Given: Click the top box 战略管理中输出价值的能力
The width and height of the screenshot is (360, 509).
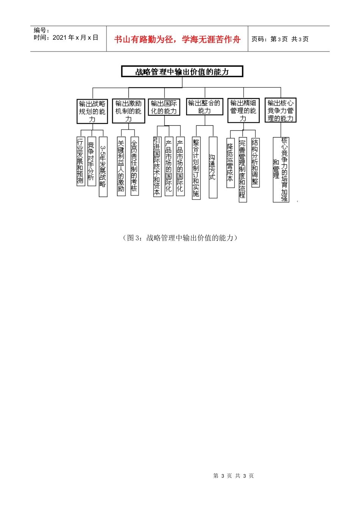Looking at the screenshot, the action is pos(182,72).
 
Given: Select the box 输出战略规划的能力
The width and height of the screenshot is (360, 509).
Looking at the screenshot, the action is pos(92,111).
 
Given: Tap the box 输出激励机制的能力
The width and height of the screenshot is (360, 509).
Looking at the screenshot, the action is pos(128,111).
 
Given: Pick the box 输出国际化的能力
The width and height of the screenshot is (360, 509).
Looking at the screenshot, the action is pos(164,107).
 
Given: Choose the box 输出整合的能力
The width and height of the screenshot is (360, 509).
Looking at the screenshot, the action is pos(204,107).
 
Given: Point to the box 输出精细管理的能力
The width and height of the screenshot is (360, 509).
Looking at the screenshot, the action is pos(243,111).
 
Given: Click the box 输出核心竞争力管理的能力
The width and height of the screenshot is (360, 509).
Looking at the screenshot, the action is pos(280,110).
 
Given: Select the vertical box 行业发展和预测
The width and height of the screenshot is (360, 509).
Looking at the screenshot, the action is pos(80,161).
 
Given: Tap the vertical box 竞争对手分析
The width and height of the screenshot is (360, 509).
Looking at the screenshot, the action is pos(91,161).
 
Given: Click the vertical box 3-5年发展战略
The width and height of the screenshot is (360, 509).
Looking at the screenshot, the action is pos(103,167).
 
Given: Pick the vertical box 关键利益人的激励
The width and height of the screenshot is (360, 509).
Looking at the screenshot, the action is pos(121,166).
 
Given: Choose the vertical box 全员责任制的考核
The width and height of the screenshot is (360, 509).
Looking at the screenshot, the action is pos(135,166).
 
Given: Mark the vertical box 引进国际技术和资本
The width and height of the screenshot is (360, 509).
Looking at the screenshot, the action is pos(157,167).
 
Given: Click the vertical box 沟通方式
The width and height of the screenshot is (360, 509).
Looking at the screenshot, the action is pos(213,167).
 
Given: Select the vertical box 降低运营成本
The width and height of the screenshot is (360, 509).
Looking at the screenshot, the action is pos(230,162).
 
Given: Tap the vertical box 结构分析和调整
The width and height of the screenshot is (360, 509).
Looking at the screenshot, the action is pos(255,162).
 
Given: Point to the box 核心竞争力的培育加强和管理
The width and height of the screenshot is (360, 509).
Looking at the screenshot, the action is pos(281,169).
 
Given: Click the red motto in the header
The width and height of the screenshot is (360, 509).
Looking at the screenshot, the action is pos(177,39).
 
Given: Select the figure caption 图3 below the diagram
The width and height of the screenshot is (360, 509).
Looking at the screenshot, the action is pos(180,238).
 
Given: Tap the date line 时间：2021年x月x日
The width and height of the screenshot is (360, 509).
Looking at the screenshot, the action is pos(66,37).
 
